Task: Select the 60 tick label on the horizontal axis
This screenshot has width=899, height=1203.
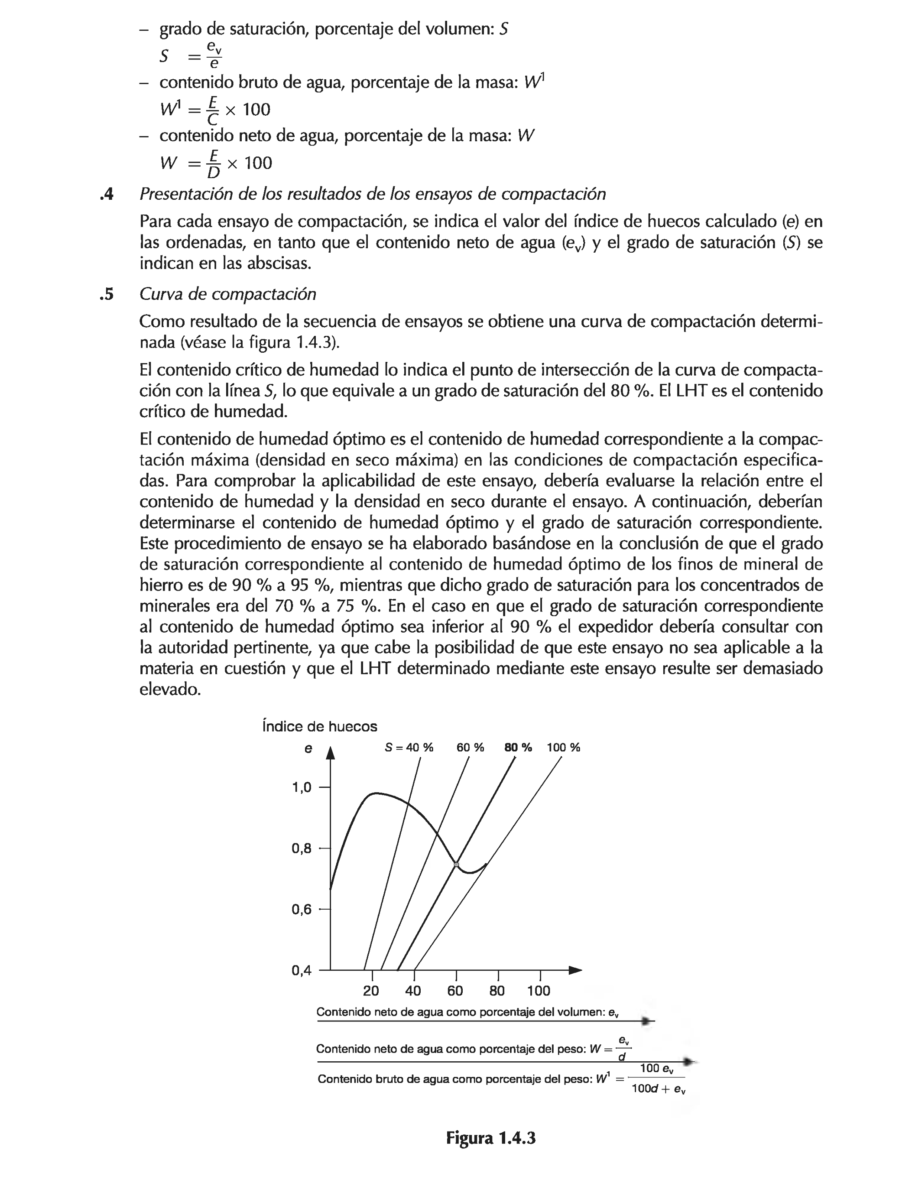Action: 454,990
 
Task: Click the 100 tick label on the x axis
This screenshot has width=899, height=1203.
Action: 539,990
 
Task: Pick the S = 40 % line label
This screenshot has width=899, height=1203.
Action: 409,747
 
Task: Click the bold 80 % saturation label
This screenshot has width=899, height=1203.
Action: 518,747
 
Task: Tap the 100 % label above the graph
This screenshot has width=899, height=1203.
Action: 563,747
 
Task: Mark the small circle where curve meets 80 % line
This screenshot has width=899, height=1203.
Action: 456,864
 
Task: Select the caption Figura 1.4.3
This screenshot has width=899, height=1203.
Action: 490,1138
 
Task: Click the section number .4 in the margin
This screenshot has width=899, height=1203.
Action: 107,194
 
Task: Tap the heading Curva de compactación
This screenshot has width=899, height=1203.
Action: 227,294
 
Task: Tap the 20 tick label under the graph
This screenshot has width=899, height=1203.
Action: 371,990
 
